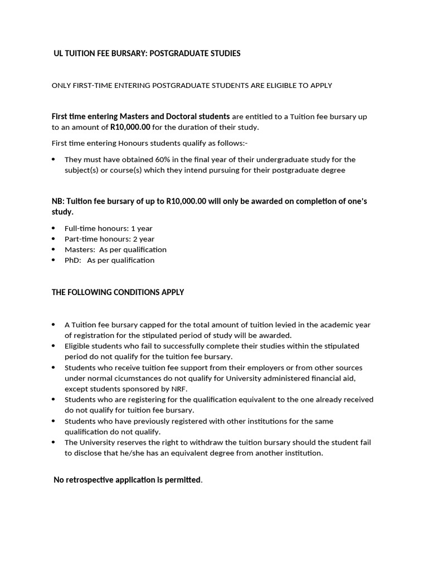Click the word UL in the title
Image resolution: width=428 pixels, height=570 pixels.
[x=59, y=53]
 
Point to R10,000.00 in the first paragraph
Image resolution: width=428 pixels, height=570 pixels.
[x=130, y=127]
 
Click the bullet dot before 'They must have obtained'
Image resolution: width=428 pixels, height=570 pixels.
[x=53, y=160]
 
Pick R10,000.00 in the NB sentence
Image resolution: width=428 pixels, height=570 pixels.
[x=186, y=202]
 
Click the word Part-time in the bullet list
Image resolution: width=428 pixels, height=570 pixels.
[x=81, y=239]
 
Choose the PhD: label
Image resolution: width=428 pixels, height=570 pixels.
[x=73, y=260]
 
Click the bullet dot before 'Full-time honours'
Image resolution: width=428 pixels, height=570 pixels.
[x=53, y=228]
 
